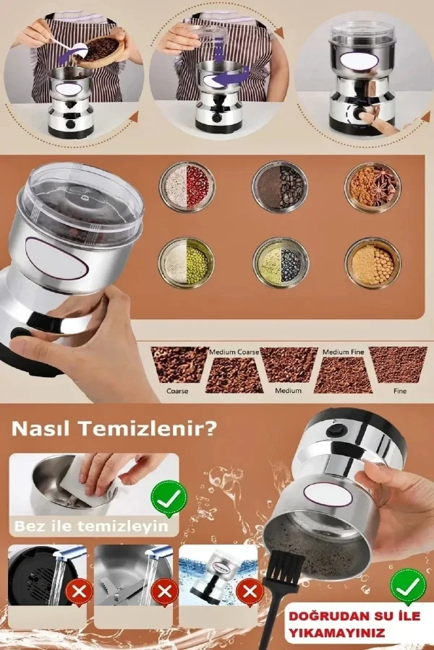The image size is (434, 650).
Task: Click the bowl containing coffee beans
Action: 281,186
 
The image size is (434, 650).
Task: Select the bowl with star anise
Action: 372,186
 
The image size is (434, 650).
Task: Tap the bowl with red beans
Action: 187,186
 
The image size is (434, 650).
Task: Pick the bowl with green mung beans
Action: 187,263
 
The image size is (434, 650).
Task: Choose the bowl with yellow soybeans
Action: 372,263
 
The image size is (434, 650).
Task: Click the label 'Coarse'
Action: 177,391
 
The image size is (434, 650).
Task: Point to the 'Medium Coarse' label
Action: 234,352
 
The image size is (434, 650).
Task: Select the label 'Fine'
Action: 400,391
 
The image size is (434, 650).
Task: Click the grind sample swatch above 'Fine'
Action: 398,365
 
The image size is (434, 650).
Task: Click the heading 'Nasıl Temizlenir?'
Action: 114,429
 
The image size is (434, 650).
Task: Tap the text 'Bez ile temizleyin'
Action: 91,526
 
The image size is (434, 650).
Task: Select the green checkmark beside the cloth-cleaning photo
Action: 169,496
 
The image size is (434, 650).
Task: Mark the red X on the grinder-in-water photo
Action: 250,593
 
